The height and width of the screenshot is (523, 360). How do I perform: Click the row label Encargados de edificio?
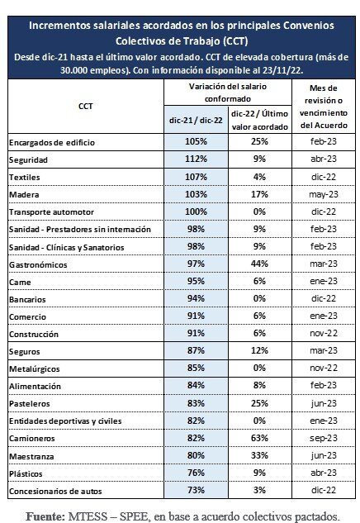(52, 142)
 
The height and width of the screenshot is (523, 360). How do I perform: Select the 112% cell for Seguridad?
(196, 159)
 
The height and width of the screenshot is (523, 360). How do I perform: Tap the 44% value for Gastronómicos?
(259, 264)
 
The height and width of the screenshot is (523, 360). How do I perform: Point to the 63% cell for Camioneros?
(259, 438)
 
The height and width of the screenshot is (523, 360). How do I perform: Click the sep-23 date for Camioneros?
(324, 438)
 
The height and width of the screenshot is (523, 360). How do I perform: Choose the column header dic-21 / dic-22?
(196, 120)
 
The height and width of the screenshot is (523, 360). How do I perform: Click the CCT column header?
(86, 106)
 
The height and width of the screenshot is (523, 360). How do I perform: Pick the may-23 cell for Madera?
(324, 194)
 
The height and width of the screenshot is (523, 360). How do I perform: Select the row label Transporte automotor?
(51, 212)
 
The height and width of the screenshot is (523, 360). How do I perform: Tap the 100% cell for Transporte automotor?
(196, 212)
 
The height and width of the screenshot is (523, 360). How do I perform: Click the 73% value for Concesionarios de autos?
(196, 490)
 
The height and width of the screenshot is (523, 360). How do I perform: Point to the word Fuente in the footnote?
(45, 516)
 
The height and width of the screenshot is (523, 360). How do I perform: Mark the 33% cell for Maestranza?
(259, 455)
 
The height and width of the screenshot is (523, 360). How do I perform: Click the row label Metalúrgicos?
(35, 368)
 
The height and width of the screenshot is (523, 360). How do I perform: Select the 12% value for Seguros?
(259, 350)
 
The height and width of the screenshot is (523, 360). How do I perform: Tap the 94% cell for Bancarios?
(196, 298)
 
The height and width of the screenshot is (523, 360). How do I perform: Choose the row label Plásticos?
(26, 473)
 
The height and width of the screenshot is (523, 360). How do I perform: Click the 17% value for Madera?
(259, 194)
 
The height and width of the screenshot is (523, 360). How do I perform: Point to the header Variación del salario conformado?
(228, 93)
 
